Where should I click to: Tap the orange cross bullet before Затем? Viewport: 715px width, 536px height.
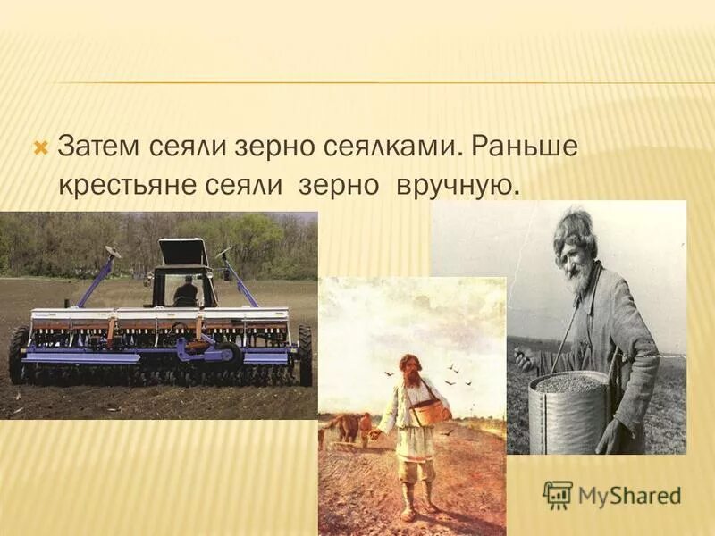click(x=39, y=146)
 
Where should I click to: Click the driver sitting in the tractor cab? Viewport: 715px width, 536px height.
click(x=186, y=290)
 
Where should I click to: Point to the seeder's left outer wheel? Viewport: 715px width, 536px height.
click(x=18, y=353)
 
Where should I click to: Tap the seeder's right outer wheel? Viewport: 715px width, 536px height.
click(x=305, y=353)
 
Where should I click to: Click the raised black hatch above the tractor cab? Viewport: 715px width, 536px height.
click(x=184, y=252)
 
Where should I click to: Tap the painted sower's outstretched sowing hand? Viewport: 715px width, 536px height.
click(x=376, y=434)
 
